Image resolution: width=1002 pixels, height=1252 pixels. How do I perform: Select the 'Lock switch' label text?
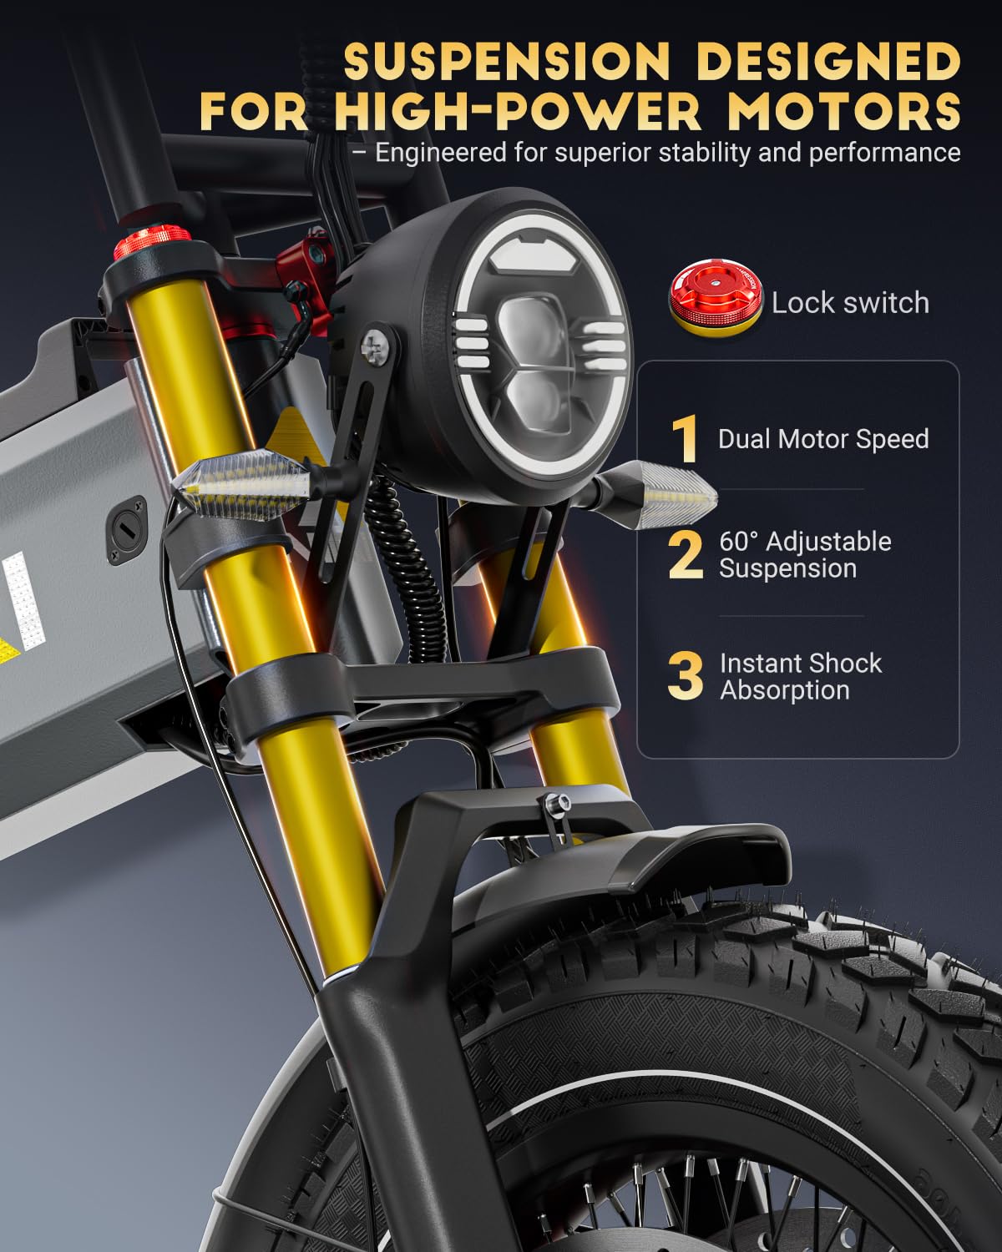[x=849, y=302]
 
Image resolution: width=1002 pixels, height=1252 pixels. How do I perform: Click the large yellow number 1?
[x=686, y=439]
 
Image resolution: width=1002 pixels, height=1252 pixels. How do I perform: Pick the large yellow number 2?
[x=686, y=555]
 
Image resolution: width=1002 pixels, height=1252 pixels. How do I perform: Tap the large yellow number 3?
[x=686, y=677]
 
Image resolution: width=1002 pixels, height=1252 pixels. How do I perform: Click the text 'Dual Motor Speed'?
[x=822, y=439]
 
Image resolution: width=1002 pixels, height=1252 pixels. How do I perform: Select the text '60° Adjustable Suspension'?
[x=804, y=555]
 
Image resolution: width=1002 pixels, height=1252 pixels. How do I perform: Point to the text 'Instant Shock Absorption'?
[x=800, y=677]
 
